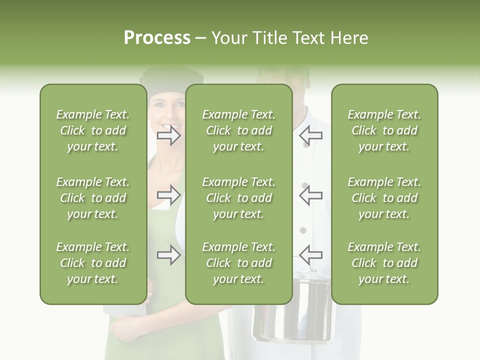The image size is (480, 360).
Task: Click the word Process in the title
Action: coord(157,38)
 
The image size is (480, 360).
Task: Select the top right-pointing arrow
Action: coord(169,135)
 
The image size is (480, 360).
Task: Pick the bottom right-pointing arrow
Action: coord(169,254)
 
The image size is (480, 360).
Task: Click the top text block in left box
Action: coord(93,130)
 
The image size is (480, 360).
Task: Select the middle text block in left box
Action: coord(93,198)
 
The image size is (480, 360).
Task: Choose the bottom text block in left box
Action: coord(93,263)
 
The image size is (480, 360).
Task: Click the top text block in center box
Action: coord(238,130)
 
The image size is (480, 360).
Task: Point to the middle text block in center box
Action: coord(238,198)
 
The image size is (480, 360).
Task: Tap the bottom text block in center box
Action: coord(238,263)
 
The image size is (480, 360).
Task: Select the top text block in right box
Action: coord(384,130)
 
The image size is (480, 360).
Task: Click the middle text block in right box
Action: coord(384,198)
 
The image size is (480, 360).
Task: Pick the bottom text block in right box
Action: coord(384,263)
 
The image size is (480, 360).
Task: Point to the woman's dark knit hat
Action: coord(170,80)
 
